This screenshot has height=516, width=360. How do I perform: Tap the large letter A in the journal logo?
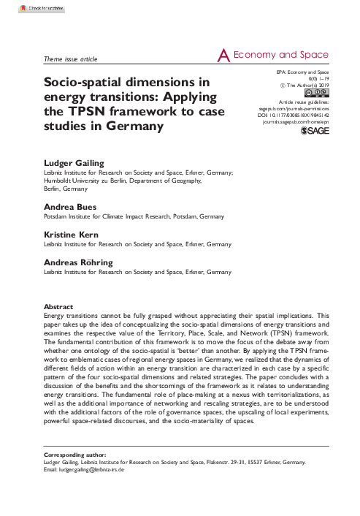click(x=224, y=55)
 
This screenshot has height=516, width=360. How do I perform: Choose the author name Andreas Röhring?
click(x=78, y=261)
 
